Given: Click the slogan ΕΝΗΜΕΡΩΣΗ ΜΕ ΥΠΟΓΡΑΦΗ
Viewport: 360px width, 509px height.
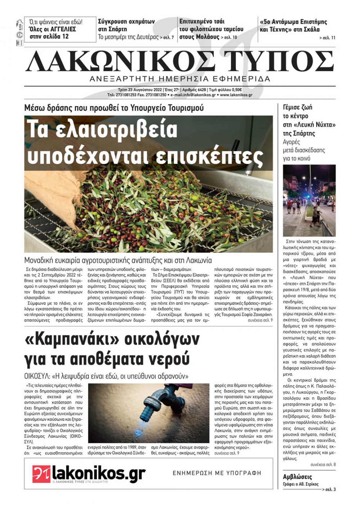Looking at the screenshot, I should [217, 473].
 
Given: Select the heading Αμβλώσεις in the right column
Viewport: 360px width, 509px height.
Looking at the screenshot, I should [297, 477].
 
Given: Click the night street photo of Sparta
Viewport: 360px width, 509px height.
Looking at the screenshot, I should [309, 200].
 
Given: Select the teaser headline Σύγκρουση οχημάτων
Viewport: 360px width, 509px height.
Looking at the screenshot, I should [126, 21].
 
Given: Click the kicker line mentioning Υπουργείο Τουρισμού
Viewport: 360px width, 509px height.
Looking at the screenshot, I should [114, 108].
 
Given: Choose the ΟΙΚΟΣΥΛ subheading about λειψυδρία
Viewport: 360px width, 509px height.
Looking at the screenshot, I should [106, 377].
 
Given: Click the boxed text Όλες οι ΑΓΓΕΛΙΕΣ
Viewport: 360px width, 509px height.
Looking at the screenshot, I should [53, 29].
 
